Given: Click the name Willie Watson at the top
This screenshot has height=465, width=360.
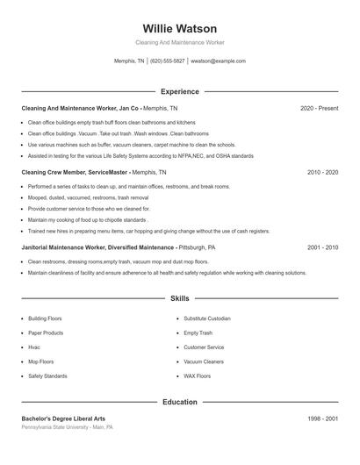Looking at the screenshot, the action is pyautogui.click(x=179, y=29).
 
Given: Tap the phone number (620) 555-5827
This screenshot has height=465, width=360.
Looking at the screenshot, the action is pyautogui.click(x=167, y=61).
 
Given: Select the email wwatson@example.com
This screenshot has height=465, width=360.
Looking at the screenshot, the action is pyautogui.click(x=218, y=61).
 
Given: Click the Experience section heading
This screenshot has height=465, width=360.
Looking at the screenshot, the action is pyautogui.click(x=179, y=91).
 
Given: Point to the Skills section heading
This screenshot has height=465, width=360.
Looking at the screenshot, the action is pyautogui.click(x=179, y=299).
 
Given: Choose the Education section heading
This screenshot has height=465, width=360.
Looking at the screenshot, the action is pyautogui.click(x=179, y=402).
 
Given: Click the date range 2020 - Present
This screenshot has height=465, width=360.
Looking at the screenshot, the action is pyautogui.click(x=319, y=108).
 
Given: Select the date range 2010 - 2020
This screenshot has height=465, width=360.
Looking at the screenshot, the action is pyautogui.click(x=322, y=173).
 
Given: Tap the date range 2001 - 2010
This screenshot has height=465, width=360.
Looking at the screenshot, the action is pyautogui.click(x=322, y=247).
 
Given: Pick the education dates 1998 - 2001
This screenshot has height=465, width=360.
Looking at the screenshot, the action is pyautogui.click(x=322, y=418).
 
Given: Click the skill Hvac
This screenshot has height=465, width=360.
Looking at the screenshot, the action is pyautogui.click(x=36, y=347).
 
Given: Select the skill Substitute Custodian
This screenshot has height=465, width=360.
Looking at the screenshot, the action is pyautogui.click(x=207, y=318).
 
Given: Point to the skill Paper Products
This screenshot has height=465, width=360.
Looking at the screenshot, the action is pyautogui.click(x=46, y=333).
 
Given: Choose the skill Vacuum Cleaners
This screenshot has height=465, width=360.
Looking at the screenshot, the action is pyautogui.click(x=204, y=361).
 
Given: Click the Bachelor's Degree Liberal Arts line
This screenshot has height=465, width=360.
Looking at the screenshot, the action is pyautogui.click(x=63, y=418).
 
